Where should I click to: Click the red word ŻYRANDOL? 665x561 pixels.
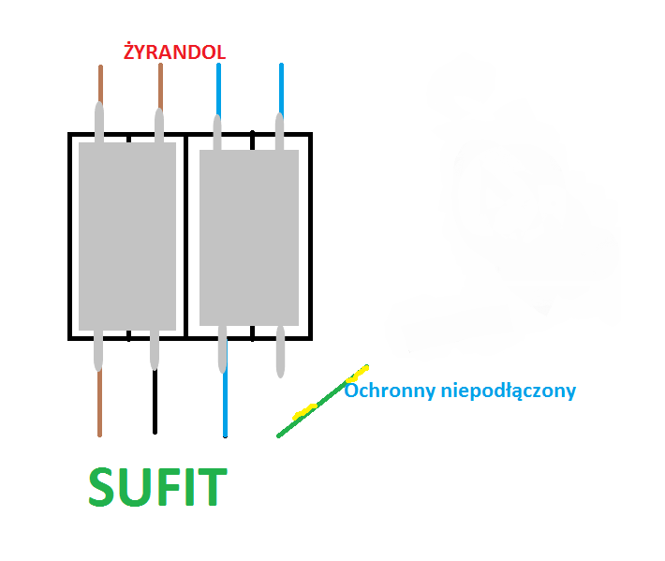174,52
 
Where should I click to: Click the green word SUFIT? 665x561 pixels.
157,487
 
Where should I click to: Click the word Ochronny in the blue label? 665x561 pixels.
390,391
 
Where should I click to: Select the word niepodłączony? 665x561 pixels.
509,391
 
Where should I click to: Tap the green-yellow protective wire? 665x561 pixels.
322,401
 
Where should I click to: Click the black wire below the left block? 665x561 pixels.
155,401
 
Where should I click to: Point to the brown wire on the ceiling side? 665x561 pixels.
99,403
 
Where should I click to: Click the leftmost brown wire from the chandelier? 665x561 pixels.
100,84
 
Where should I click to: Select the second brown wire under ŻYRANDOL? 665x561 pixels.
160,86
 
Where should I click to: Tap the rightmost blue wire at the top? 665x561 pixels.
281,90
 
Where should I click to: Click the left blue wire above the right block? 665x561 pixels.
218,90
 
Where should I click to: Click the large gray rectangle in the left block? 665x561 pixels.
127,236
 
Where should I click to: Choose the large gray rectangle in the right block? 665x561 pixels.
249,238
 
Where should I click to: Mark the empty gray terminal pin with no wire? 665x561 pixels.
280,351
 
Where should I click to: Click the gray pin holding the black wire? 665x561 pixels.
155,350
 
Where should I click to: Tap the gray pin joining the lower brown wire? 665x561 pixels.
98,350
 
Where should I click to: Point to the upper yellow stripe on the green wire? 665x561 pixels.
358,373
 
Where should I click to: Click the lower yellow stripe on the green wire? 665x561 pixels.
304,412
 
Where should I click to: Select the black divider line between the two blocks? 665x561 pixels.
185,236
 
